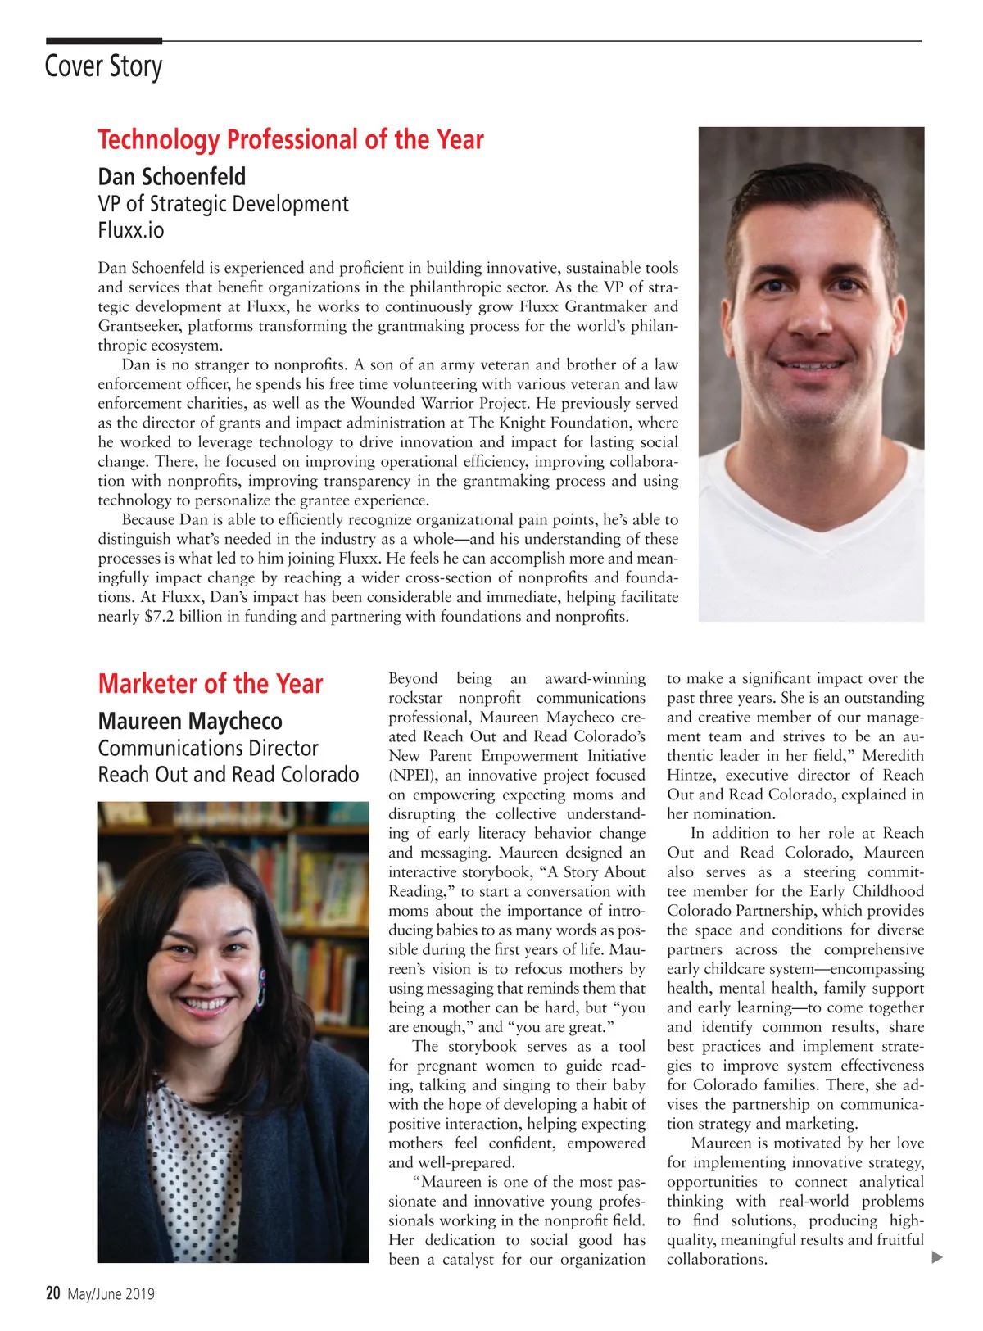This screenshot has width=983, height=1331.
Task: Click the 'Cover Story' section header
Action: [x=103, y=66]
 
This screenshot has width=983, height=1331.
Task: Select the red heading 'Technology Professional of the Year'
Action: [x=291, y=140]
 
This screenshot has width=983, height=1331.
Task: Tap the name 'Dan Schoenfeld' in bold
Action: [x=171, y=177]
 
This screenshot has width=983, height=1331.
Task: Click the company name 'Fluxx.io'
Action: [x=131, y=230]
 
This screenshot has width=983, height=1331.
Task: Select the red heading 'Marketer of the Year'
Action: [x=211, y=684]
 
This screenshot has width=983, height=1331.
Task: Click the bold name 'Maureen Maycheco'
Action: [x=190, y=722]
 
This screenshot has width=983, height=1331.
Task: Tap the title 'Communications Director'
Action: [x=208, y=749]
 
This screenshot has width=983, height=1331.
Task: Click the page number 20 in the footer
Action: [x=53, y=1293]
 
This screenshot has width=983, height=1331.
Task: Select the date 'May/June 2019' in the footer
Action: [x=111, y=1294]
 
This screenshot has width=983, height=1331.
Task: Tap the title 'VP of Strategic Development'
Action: [x=223, y=204]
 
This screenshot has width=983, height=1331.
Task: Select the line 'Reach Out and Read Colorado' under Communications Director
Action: [x=229, y=775]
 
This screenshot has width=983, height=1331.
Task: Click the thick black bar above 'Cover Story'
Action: [x=104, y=40]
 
